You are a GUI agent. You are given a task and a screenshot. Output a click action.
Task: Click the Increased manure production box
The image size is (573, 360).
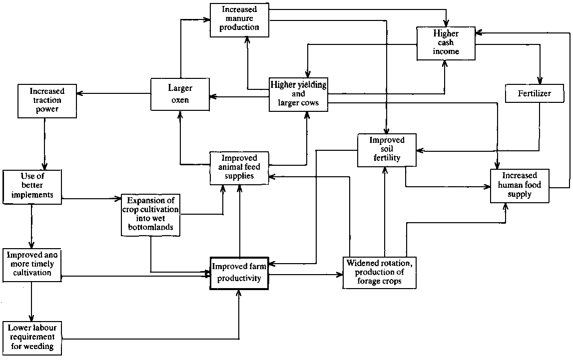[239, 19]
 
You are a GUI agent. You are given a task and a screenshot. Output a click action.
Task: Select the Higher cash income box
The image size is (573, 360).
[445, 43]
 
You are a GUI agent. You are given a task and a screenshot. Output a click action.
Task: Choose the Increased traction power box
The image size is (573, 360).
[47, 101]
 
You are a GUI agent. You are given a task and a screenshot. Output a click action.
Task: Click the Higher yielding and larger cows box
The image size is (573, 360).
[298, 94]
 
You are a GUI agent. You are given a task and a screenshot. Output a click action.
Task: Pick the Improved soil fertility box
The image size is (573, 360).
[386, 149]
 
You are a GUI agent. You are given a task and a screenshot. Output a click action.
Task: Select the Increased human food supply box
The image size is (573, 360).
[520, 185]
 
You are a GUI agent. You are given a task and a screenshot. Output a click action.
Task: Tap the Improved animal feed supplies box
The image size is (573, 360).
[239, 167]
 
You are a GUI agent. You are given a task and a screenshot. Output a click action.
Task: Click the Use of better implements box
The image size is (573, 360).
[32, 186]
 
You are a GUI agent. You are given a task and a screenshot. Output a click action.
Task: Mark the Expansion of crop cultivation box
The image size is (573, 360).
[150, 214]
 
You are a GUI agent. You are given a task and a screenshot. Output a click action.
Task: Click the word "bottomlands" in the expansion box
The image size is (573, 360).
[150, 227]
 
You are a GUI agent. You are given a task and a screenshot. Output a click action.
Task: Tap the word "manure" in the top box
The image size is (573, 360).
[239, 18]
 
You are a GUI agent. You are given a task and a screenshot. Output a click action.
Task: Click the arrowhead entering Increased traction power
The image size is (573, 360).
[80, 94]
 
